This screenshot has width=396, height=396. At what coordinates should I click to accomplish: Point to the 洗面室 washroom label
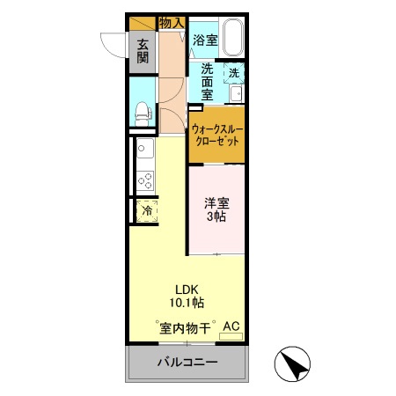point(207,81)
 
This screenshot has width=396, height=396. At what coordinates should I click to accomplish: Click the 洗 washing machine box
point(235,73)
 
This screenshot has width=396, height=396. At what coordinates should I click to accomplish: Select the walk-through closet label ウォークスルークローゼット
point(216,135)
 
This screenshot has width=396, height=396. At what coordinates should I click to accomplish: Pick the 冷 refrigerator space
point(147,210)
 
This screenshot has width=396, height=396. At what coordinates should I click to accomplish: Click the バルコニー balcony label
point(187,363)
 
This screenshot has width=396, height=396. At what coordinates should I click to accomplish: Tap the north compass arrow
point(293,366)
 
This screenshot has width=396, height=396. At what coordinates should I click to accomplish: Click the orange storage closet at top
point(142,23)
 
